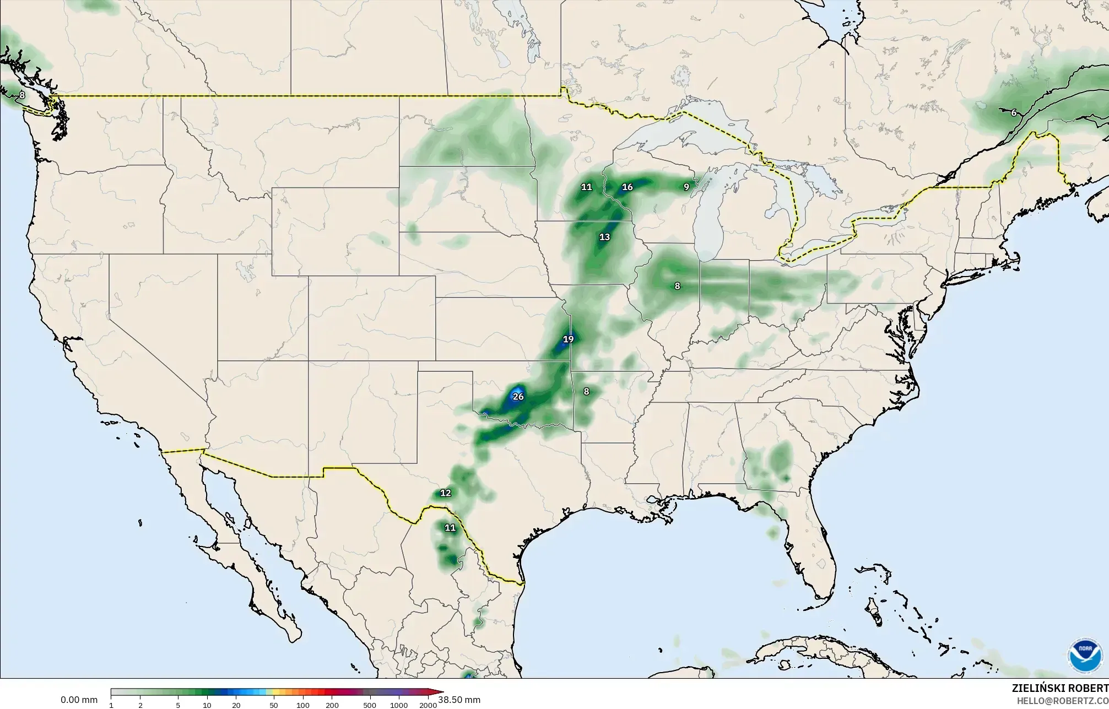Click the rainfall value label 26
518,397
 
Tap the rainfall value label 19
568,339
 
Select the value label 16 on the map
627,187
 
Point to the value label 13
604,237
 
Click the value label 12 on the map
445,493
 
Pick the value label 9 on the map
686,187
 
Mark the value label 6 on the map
1013,113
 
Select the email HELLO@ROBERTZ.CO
1062,700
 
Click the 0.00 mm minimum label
79,700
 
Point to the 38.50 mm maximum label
459,700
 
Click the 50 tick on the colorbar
274,705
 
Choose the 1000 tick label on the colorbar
399,705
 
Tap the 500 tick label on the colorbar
370,705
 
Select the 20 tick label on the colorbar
236,705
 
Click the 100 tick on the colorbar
302,705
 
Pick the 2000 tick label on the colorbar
428,705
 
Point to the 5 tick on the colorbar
178,705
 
